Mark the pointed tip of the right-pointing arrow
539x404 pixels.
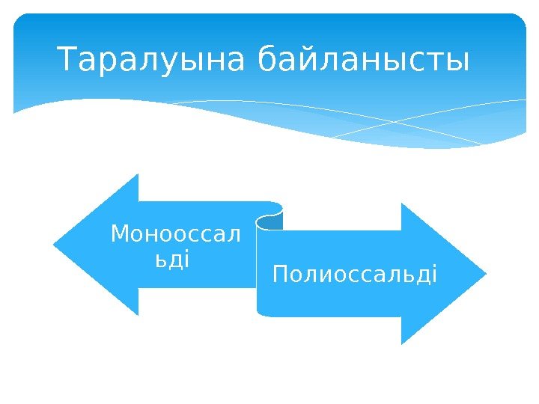click(x=485, y=273)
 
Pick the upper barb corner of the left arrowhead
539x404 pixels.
click(x=138, y=175)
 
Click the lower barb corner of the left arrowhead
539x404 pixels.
click(x=138, y=314)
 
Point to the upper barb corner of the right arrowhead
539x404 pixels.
click(x=401, y=203)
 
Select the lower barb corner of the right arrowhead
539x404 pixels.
click(x=401, y=343)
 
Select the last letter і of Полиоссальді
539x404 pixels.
click(x=433, y=274)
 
